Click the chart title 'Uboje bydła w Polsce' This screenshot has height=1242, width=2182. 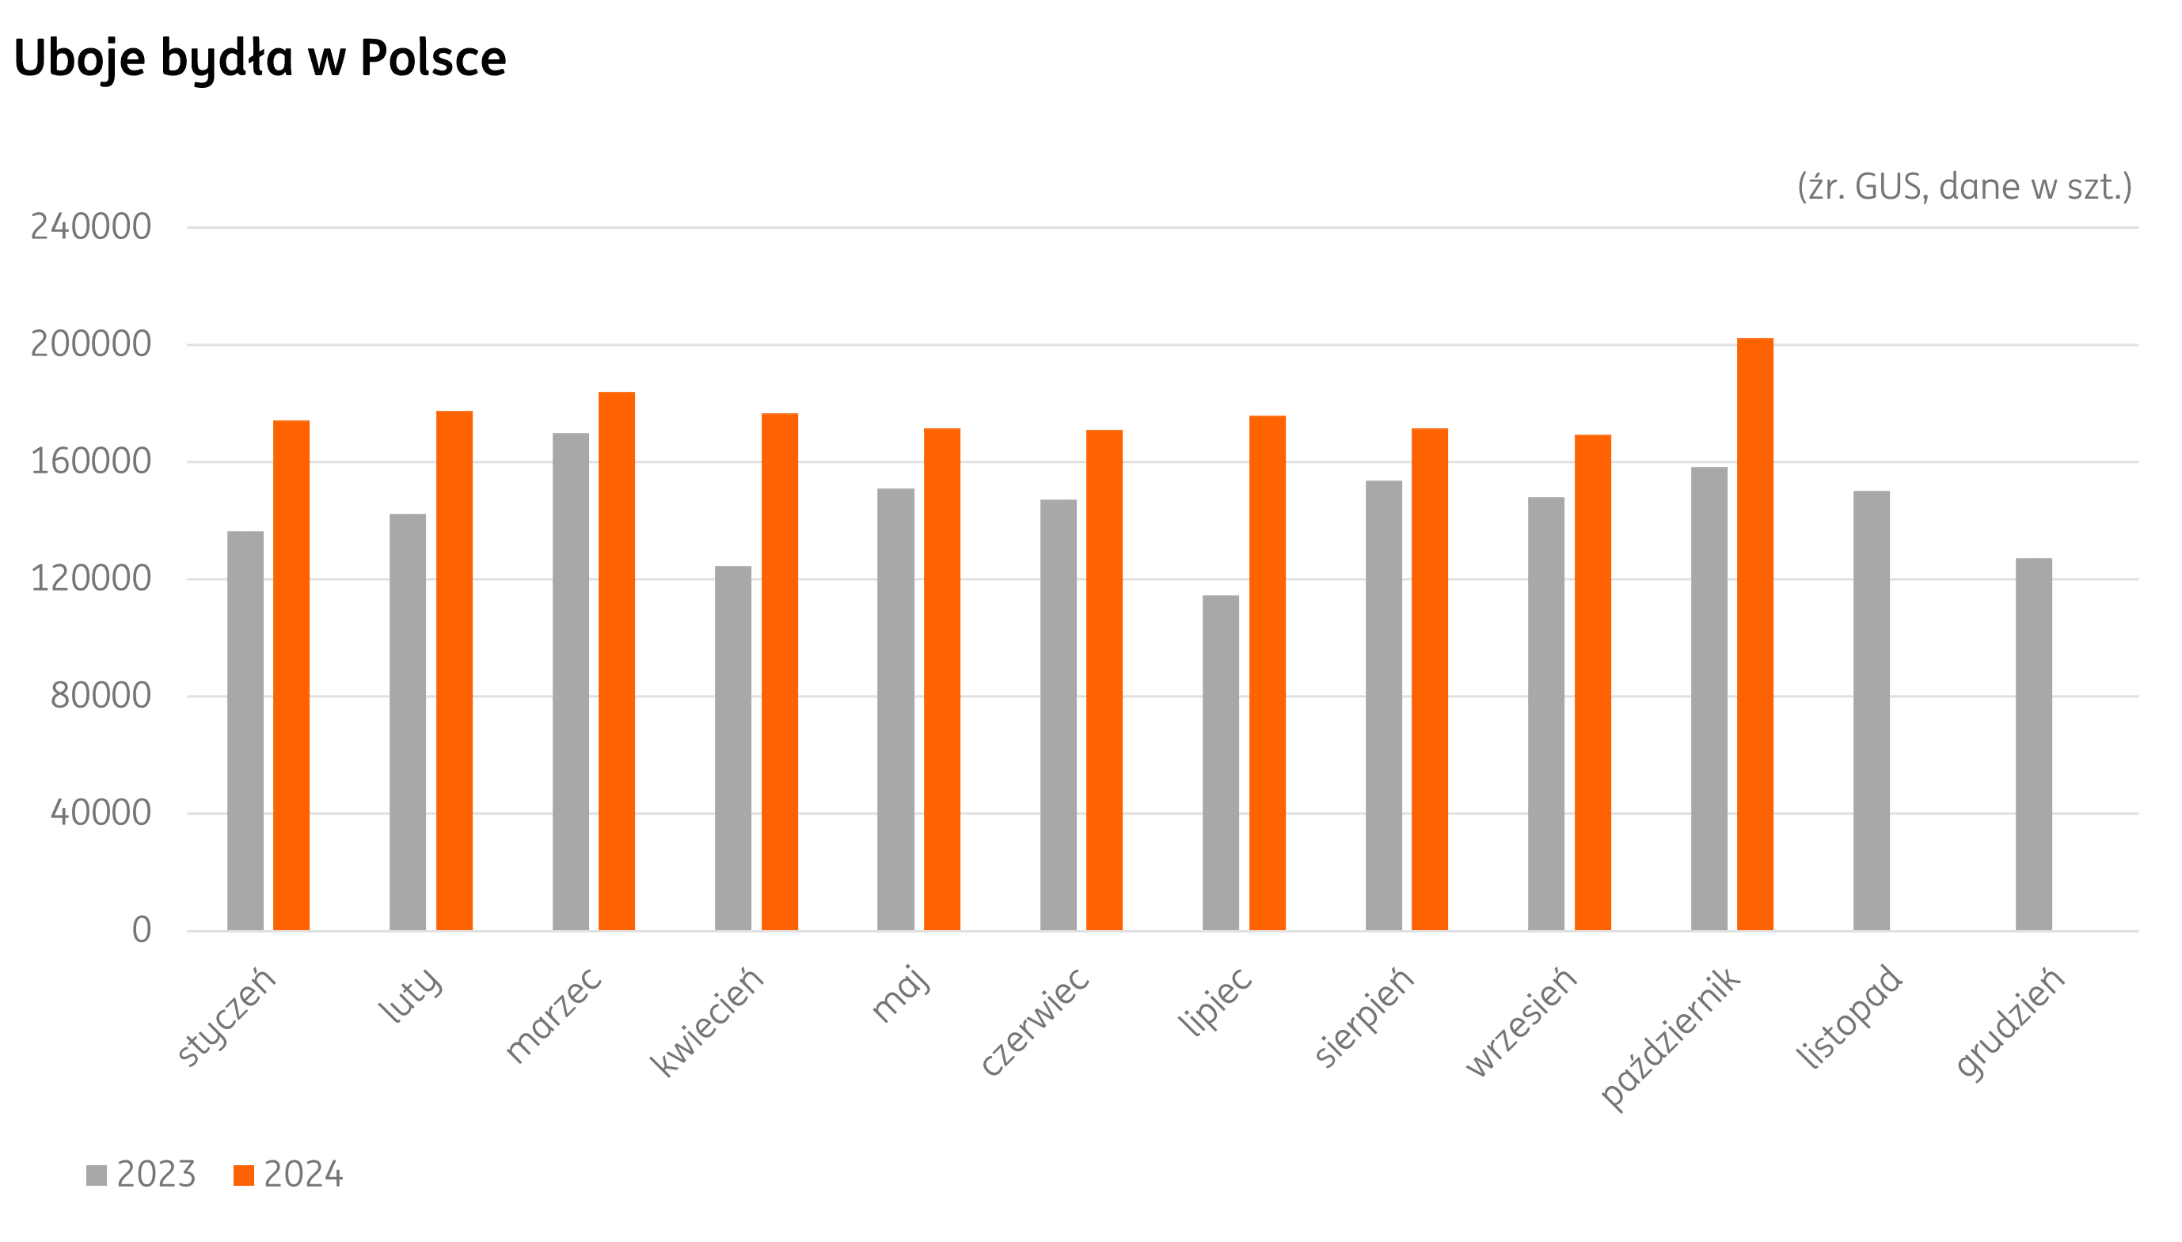[x=260, y=58]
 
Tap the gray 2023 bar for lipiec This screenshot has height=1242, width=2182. [x=1221, y=762]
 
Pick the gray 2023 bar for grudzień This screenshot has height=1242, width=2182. [x=2034, y=744]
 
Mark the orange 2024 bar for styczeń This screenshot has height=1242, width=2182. [x=291, y=674]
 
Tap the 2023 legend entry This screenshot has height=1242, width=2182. [x=142, y=1175]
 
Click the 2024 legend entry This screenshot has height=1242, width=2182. [x=288, y=1175]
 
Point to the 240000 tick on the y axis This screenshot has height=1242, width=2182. [x=91, y=227]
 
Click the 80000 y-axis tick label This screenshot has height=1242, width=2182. [x=101, y=696]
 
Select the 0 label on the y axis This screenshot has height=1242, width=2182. [x=142, y=930]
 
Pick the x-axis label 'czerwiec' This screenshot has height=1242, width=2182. [x=1035, y=1021]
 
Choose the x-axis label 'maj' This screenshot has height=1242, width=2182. [x=901, y=993]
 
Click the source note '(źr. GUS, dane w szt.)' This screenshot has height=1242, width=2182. [x=1963, y=187]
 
